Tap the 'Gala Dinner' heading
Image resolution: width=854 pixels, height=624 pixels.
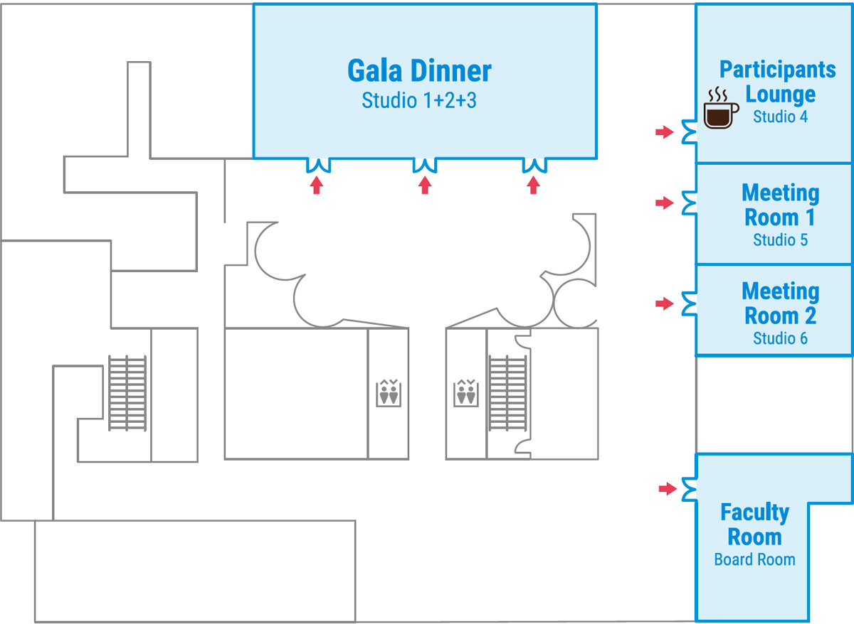point(419,71)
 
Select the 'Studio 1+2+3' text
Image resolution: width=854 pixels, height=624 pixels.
point(419,100)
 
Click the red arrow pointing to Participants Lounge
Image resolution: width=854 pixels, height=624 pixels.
point(664,131)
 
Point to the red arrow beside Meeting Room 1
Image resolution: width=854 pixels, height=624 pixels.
point(664,203)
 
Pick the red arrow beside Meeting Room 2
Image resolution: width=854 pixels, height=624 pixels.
point(664,303)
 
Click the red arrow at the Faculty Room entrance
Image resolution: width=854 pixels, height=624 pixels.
point(667,488)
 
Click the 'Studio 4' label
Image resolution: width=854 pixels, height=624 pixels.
point(780,117)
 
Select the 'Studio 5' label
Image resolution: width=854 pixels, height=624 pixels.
point(780,240)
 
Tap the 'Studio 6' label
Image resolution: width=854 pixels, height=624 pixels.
point(780,338)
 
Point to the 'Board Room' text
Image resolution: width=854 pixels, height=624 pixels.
point(754,559)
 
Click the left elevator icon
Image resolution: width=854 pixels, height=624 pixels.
point(389,393)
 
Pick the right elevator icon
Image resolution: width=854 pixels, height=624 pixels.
point(466,393)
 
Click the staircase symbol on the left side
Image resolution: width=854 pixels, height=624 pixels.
point(127,393)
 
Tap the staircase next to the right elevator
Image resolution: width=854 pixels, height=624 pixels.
point(507,393)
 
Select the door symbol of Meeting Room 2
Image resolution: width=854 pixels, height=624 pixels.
point(688,303)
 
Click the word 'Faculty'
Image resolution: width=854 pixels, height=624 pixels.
point(754,512)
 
